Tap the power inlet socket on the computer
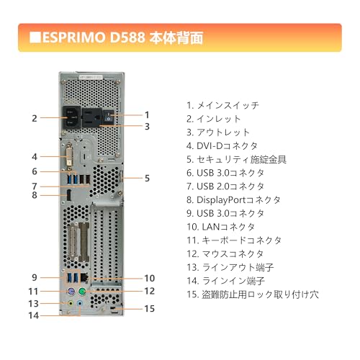(73, 117)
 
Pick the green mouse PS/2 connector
(84, 292)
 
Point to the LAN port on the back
(85, 278)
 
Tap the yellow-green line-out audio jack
(70, 304)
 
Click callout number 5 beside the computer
(148, 178)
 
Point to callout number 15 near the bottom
(150, 309)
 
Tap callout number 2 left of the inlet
(34, 117)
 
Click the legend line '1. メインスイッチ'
(222, 105)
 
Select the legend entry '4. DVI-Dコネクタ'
(227, 145)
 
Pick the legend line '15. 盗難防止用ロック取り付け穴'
(252, 294)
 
